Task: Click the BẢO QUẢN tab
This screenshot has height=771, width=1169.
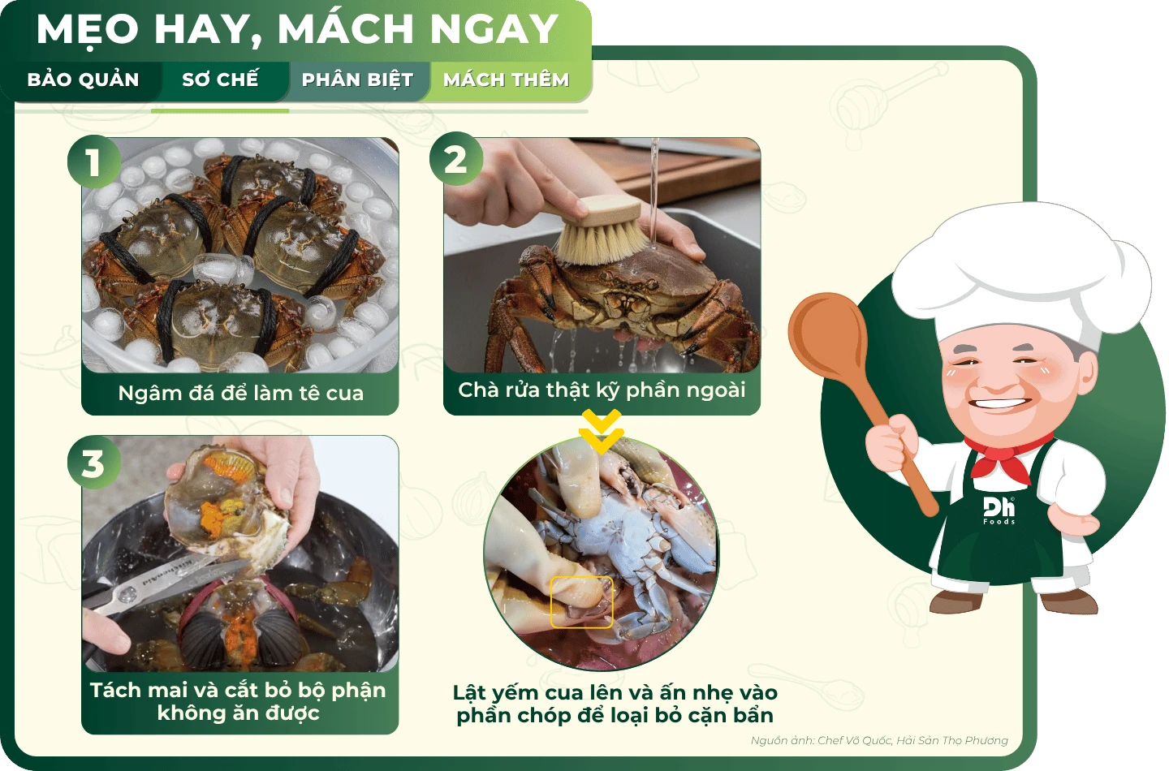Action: [83, 80]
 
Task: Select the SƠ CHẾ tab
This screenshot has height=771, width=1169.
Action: [220, 80]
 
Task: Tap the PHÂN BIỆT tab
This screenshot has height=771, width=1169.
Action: [357, 80]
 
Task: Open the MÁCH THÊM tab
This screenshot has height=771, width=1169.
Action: [507, 80]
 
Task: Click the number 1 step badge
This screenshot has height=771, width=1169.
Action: [94, 162]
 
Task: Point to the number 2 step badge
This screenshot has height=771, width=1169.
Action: [456, 159]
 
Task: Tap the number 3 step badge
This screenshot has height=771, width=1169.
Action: [94, 463]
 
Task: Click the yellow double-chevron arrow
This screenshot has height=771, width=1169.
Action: [602, 431]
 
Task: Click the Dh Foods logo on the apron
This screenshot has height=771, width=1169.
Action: [999, 510]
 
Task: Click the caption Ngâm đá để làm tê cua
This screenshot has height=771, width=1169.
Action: [240, 394]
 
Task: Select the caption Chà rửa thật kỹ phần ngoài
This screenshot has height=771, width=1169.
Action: [602, 390]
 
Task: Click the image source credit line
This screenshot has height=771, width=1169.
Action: [879, 740]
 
